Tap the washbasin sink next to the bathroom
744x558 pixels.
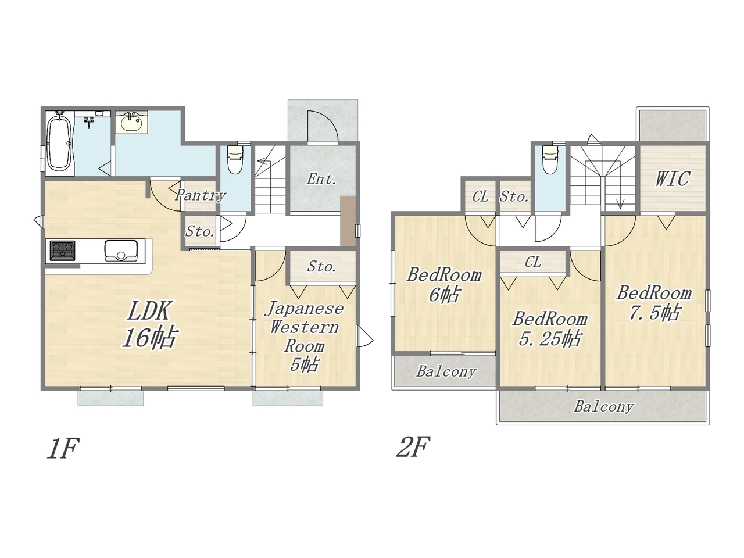131,123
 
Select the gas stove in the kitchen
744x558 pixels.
62,251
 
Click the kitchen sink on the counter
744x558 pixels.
121,251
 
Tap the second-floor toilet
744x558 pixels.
550,159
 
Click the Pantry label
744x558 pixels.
201,195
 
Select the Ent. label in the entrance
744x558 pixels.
321,179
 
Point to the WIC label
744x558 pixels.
673,178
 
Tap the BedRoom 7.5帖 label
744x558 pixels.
654,303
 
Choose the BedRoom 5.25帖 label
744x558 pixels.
549,329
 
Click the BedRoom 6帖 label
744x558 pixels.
444,285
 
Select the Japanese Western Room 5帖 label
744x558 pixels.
304,337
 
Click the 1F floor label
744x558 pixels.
63,448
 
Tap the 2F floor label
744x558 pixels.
413,446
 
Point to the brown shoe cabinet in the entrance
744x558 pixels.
348,221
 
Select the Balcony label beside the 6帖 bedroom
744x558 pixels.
446,371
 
